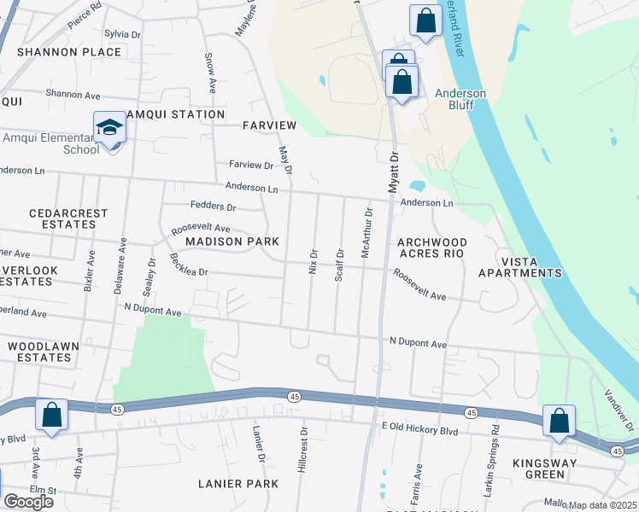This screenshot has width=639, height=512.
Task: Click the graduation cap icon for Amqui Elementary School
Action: (109, 129)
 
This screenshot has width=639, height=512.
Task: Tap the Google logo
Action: (28, 501)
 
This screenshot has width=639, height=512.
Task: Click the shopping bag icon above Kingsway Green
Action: (559, 421)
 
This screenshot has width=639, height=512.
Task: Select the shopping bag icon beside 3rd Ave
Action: (51, 416)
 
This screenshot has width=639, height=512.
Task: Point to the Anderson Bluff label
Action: (460, 100)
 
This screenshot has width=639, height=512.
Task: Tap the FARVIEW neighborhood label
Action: (269, 125)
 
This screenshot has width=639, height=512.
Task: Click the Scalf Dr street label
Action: (339, 265)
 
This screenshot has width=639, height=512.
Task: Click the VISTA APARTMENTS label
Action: (519, 266)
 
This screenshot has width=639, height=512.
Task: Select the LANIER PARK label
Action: (238, 484)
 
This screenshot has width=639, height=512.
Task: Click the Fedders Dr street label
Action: (213, 206)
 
